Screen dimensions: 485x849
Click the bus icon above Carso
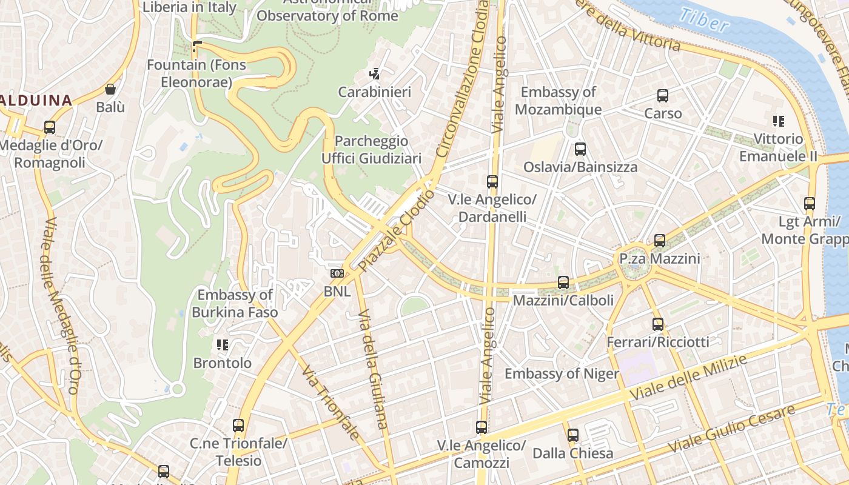click(x=663, y=96)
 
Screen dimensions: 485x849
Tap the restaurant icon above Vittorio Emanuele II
click(x=779, y=121)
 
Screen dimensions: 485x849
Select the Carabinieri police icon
click(x=375, y=75)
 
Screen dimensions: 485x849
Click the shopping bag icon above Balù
click(x=110, y=90)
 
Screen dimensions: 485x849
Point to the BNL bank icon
click(x=337, y=273)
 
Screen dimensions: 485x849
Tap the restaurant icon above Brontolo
click(x=223, y=345)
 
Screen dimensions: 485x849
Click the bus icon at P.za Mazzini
click(x=660, y=241)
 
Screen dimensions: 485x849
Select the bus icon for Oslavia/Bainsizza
click(x=580, y=149)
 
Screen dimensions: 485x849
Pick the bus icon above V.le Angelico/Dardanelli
click(x=492, y=182)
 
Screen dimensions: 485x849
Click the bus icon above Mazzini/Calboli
click(x=563, y=283)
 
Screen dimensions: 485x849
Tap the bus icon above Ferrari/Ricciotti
click(x=658, y=324)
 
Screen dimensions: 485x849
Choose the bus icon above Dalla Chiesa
click(x=573, y=435)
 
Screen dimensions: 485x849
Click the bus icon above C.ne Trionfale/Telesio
click(x=238, y=426)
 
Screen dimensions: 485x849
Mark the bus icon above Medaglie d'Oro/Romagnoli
click(x=50, y=128)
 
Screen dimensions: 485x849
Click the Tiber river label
click(x=703, y=20)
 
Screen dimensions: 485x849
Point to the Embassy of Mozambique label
click(x=558, y=101)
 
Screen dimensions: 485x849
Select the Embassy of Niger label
click(x=562, y=373)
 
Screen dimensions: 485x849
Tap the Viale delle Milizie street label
click(x=688, y=378)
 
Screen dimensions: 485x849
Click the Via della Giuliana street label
click(x=373, y=369)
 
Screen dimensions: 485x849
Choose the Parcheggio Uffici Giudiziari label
click(x=371, y=150)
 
